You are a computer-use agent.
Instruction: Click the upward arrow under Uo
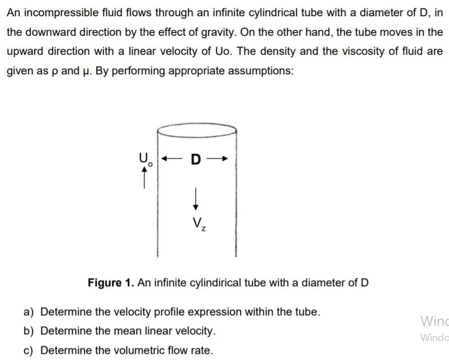click(x=146, y=178)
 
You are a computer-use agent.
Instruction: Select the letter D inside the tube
click(x=195, y=160)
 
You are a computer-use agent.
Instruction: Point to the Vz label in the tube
click(x=197, y=225)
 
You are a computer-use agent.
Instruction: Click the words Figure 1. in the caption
click(x=111, y=282)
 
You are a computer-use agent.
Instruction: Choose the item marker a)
click(x=29, y=311)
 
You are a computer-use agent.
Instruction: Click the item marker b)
click(x=29, y=331)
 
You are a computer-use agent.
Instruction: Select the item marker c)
click(x=29, y=350)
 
